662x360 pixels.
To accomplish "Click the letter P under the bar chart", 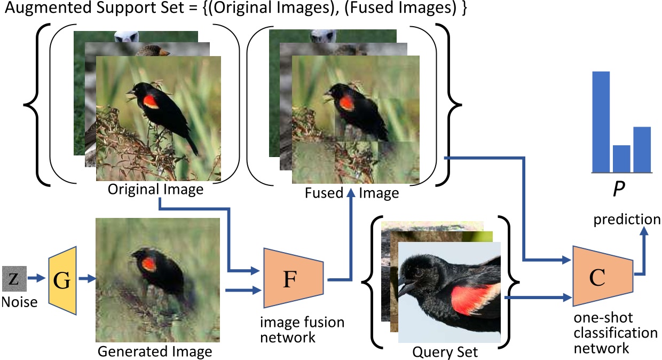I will pyautogui.click(x=618, y=191).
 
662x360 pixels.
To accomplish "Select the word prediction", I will pyautogui.click(x=626, y=220).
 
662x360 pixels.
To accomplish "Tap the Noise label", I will pyautogui.click(x=19, y=302).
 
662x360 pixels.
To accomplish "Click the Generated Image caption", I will pyautogui.click(x=155, y=351).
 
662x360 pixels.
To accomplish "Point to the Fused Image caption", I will pyautogui.click(x=352, y=193).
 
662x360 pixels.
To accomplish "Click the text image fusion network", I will pyautogui.click(x=302, y=330).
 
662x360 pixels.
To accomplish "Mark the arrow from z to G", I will pyautogui.click(x=37, y=278).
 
